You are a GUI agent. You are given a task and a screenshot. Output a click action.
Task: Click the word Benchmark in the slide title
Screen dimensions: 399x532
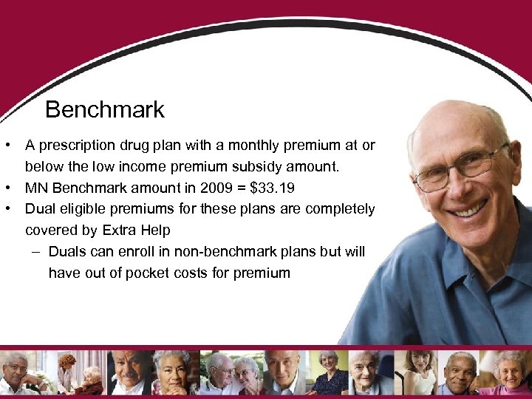[x=105, y=110]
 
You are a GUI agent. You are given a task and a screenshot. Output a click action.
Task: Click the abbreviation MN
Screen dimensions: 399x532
[x=35, y=188]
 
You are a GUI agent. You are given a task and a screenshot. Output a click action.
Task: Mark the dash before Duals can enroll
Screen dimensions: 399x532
[x=37, y=252]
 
